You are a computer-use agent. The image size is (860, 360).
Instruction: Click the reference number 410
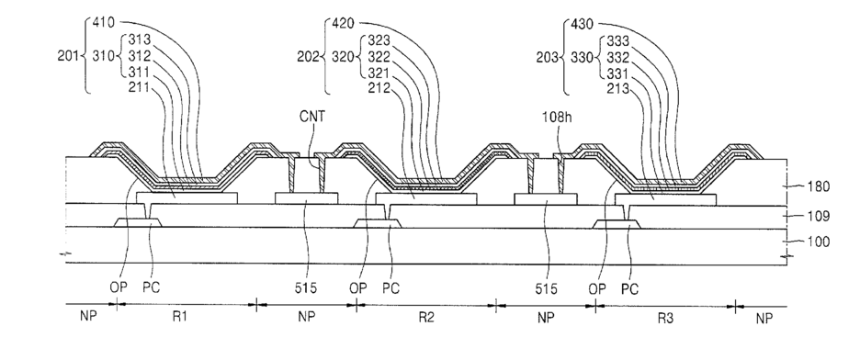(x=103, y=22)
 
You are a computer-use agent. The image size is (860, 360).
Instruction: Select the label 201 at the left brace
(x=68, y=55)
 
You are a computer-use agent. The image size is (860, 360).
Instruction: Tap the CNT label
(x=312, y=116)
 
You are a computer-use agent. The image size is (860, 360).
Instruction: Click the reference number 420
(x=343, y=23)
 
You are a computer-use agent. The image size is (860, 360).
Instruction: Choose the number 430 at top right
(x=582, y=24)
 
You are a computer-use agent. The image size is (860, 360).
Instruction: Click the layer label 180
(x=819, y=186)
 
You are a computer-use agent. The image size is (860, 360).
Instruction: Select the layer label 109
(x=819, y=216)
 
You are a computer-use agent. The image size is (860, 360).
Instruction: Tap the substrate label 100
(x=819, y=242)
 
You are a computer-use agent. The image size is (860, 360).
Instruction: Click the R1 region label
(x=180, y=317)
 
